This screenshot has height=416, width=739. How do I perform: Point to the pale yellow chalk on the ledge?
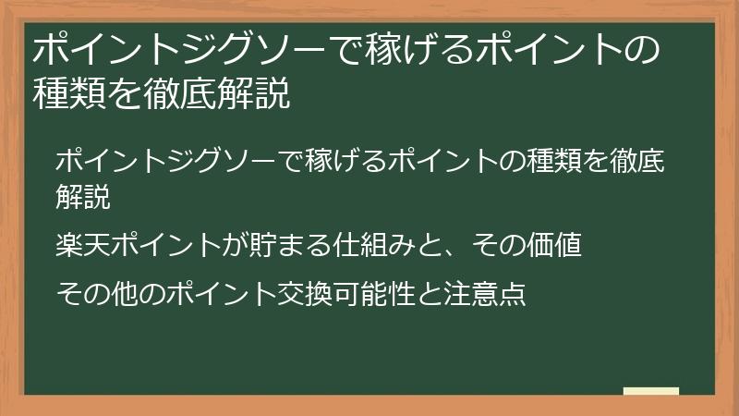click(x=651, y=392)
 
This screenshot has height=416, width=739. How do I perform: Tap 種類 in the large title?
click(x=65, y=94)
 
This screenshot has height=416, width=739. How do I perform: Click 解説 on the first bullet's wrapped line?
click(x=81, y=197)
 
